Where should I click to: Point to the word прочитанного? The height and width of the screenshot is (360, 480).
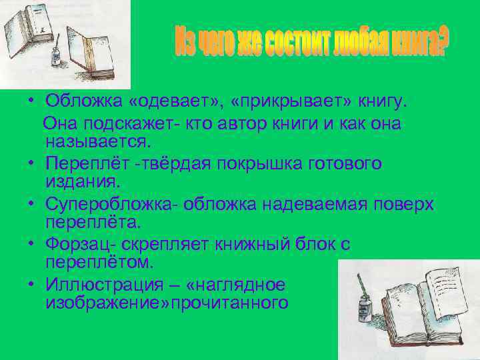[237, 303]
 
